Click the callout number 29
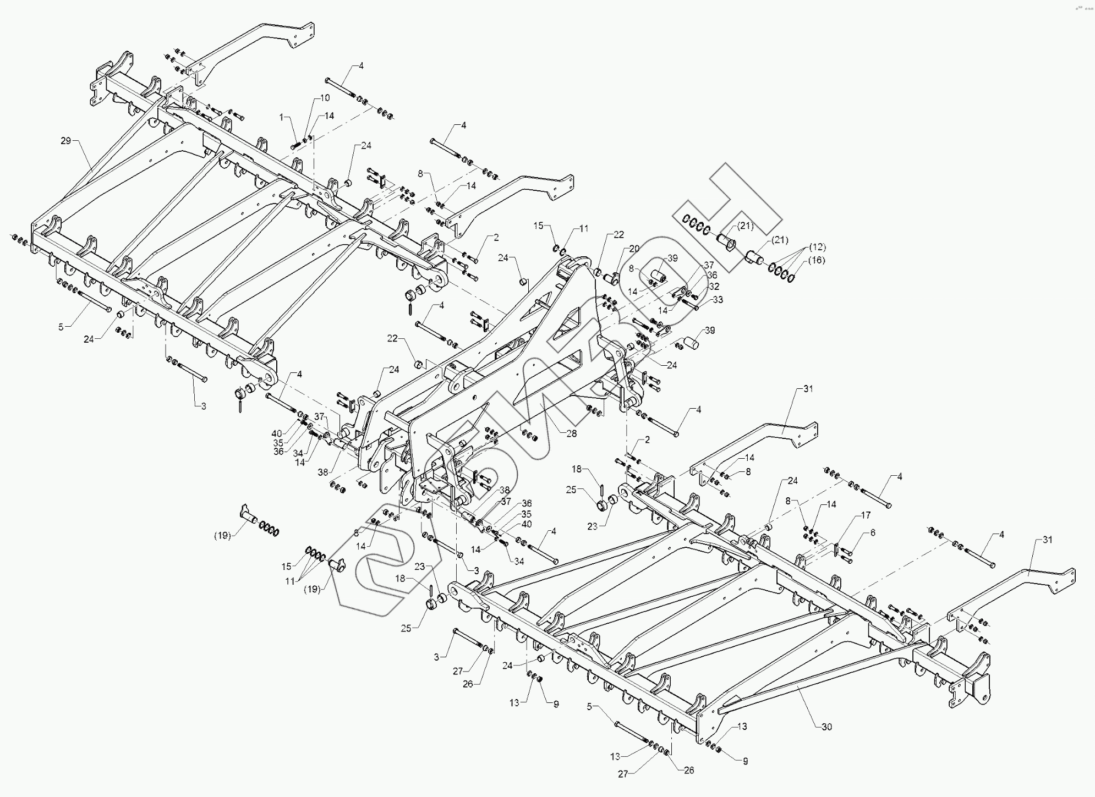point(65,141)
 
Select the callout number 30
point(826,727)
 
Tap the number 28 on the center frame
point(571,433)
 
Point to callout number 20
point(634,249)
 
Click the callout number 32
point(714,287)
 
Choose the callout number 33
point(718,300)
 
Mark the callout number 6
point(872,532)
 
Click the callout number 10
point(325,98)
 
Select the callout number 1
point(282,118)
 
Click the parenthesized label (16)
point(817,260)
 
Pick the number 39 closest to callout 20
point(672,258)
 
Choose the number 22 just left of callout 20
point(618,235)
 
